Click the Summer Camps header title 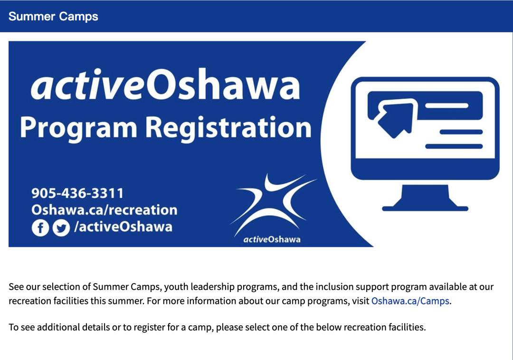53,16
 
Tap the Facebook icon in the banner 40,227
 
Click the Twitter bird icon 61,227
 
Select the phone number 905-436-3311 77,193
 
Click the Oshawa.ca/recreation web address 104,210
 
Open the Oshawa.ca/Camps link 410,301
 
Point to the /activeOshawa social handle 123,227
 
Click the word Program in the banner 78,128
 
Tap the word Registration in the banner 228,128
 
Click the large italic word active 88,85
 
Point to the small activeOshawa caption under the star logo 272,240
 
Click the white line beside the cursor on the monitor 446,105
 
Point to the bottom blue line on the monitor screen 454,146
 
